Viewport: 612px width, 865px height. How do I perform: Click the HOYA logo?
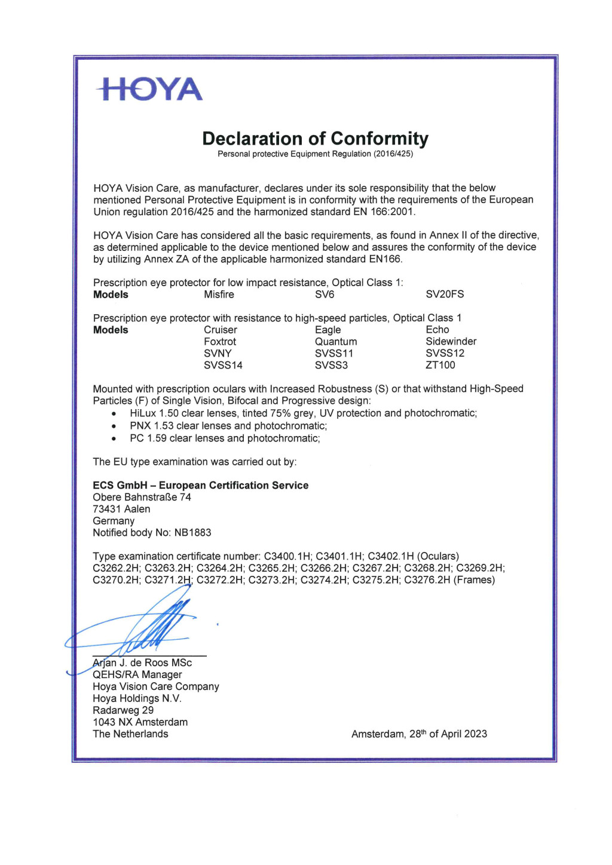click(149, 89)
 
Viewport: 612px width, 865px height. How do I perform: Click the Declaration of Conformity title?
click(315, 139)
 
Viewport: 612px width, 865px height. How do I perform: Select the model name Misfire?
click(219, 295)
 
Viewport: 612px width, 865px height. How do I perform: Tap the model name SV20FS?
click(445, 295)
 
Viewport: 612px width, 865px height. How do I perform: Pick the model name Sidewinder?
click(451, 342)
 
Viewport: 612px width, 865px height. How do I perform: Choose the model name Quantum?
click(336, 342)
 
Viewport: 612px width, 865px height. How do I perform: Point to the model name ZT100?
click(440, 365)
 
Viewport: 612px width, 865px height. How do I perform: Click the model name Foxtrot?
click(220, 342)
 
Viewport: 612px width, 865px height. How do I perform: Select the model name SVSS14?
click(223, 365)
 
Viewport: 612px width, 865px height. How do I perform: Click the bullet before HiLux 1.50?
click(114, 414)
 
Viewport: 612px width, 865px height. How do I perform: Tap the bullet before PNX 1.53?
click(114, 427)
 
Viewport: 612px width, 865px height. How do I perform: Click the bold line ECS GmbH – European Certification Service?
click(201, 485)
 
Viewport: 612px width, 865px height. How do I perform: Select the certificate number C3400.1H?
click(287, 556)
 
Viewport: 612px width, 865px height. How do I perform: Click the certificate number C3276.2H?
click(427, 580)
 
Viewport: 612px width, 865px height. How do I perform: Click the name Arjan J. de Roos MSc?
click(142, 663)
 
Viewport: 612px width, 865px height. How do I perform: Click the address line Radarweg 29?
click(123, 710)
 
